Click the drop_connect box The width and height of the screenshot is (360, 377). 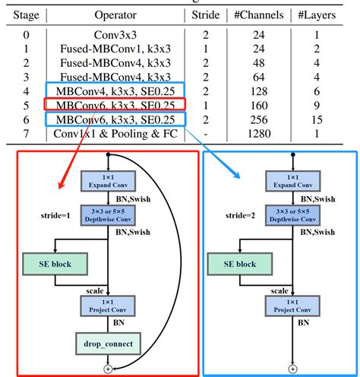point(109,344)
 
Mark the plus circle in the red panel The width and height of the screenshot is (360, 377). point(109,369)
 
